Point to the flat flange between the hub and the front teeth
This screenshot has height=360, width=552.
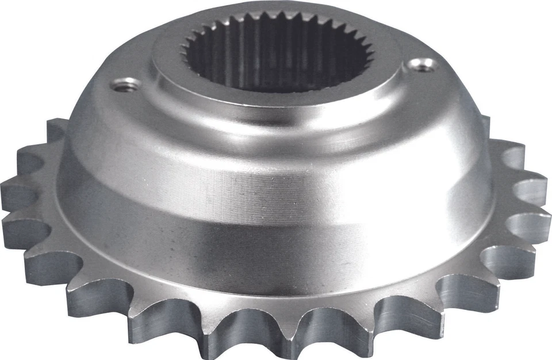click(276, 288)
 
